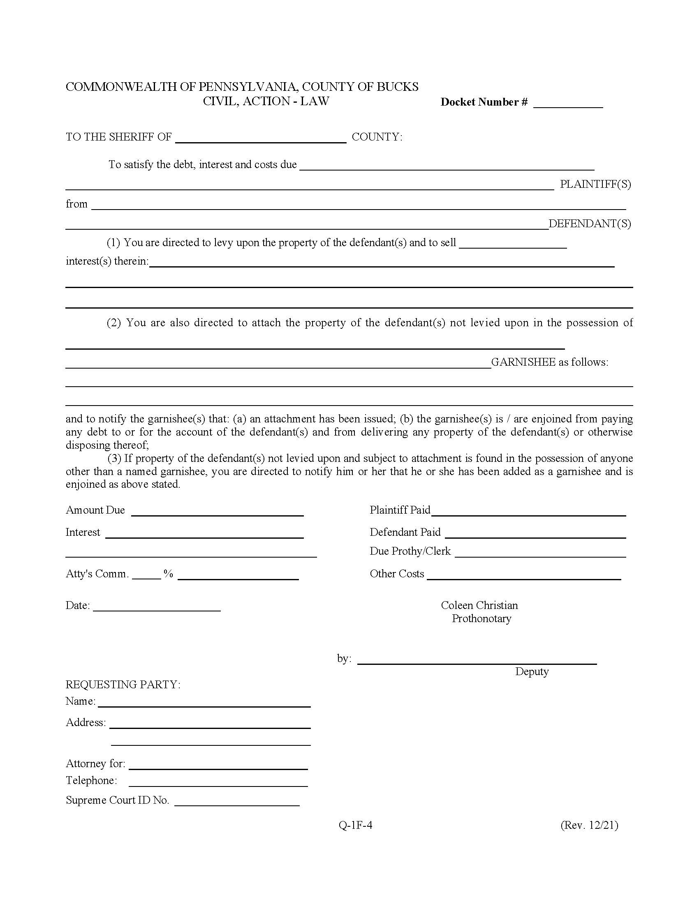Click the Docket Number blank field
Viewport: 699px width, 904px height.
point(568,104)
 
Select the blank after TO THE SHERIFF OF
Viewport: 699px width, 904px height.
point(260,138)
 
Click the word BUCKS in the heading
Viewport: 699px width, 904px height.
point(397,87)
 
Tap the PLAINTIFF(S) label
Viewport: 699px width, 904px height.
point(595,184)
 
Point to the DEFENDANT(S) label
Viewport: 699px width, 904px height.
point(590,224)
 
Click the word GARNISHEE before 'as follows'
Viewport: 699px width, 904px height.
point(523,362)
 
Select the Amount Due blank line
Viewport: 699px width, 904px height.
point(218,512)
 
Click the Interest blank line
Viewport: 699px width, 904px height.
point(205,534)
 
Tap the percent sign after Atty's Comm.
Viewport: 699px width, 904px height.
point(168,574)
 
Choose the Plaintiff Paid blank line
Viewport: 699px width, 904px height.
point(528,512)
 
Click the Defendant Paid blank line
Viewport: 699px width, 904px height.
point(535,534)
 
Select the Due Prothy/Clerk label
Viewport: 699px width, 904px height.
point(410,551)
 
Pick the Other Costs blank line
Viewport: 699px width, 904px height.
point(524,575)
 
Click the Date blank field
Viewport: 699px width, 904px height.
point(157,607)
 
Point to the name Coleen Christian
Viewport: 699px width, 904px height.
point(479,605)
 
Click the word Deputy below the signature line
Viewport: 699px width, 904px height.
point(532,671)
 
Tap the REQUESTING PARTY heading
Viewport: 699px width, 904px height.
point(123,685)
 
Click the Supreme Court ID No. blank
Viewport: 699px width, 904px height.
point(237,802)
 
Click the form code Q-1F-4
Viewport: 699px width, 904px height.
point(355,826)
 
